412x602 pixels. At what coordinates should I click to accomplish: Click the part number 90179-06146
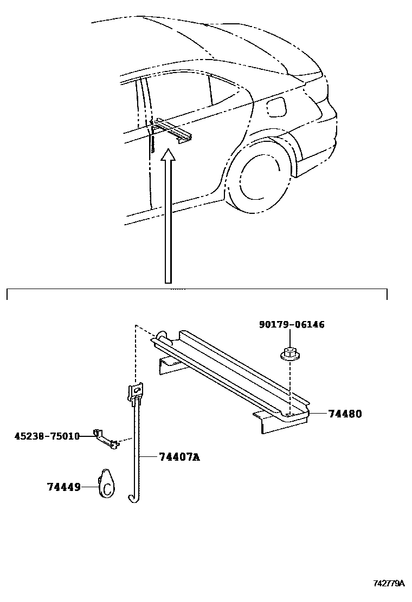click(292, 325)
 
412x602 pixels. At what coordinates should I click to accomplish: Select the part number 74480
click(344, 414)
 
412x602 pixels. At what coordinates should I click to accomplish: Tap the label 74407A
click(179, 457)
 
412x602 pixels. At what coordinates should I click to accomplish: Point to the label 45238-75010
click(47, 436)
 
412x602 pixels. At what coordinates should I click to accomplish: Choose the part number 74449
click(63, 487)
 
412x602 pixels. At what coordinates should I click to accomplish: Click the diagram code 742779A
click(389, 583)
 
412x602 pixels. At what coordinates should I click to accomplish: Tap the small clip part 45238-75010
click(106, 437)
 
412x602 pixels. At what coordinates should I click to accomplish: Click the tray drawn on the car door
click(173, 132)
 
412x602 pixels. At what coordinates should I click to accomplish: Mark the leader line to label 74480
click(318, 414)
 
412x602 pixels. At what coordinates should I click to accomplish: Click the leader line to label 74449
click(90, 488)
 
